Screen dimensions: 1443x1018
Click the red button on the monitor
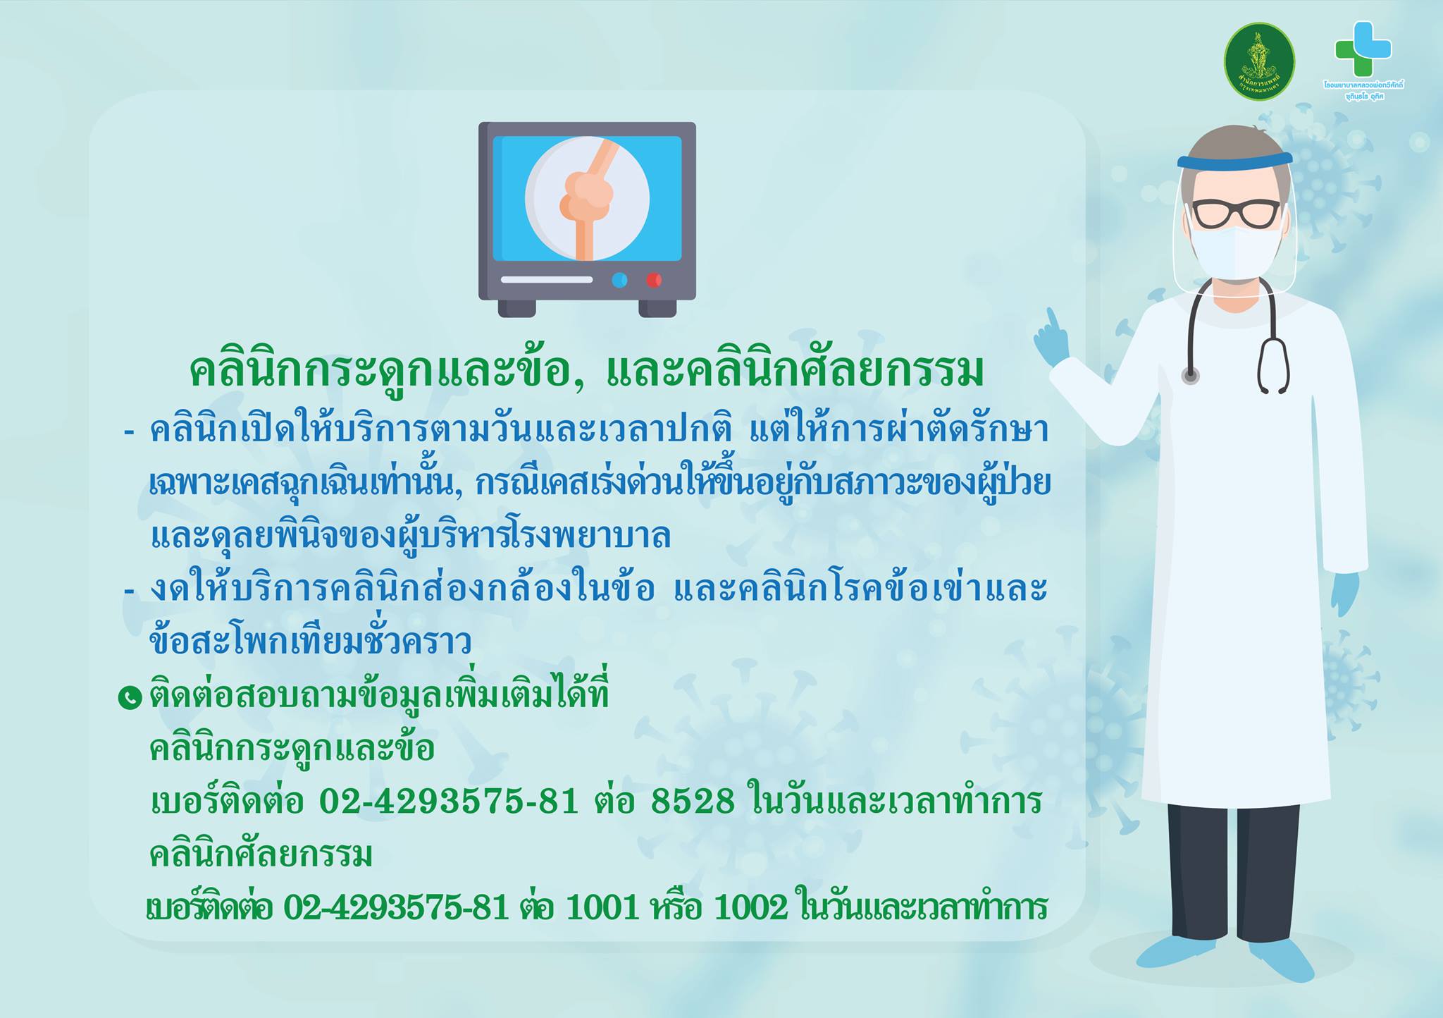click(x=654, y=281)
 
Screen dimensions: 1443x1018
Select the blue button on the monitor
click(x=619, y=281)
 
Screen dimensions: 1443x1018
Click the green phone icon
click(x=130, y=698)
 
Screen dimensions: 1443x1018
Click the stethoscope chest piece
click(x=1191, y=376)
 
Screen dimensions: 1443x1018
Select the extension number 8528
click(x=693, y=801)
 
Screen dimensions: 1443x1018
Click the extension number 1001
click(x=598, y=908)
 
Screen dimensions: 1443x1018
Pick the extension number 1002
click(x=750, y=908)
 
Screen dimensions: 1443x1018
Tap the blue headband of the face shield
click(x=1234, y=160)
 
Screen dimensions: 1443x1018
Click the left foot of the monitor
click(x=516, y=308)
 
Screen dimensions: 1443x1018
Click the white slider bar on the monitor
click(x=547, y=280)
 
